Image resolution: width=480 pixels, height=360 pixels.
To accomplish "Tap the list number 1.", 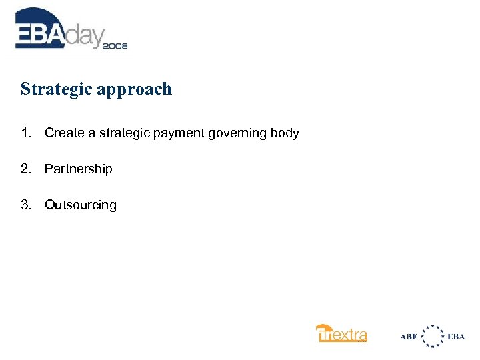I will point(25,133).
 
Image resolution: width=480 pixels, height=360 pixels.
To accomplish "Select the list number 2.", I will point(25,169).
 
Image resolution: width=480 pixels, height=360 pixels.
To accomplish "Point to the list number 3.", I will point(25,205).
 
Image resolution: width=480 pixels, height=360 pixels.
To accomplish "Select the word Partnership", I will point(79,169).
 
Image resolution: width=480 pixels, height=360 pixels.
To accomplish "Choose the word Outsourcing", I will point(81,205).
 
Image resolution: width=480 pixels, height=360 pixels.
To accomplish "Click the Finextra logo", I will point(341,333).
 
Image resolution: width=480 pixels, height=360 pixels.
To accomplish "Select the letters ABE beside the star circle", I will point(409,337).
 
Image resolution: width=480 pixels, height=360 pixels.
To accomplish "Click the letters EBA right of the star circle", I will point(457,337).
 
